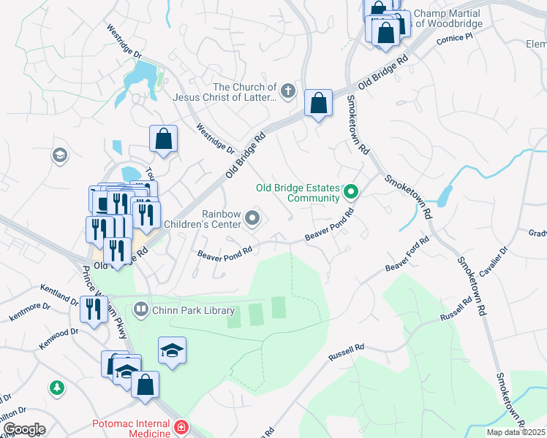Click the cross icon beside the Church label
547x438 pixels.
pos(288,91)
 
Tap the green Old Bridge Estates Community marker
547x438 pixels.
pos(351,193)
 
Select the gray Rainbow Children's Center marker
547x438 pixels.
pos(253,218)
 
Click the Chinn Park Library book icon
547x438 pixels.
pos(141,310)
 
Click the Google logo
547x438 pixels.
pos(23,429)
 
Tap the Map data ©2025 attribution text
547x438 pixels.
pos(516,432)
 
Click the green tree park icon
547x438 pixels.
pos(56,388)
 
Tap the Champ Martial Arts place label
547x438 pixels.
pos(446,19)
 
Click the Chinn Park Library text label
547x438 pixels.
pos(194,310)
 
